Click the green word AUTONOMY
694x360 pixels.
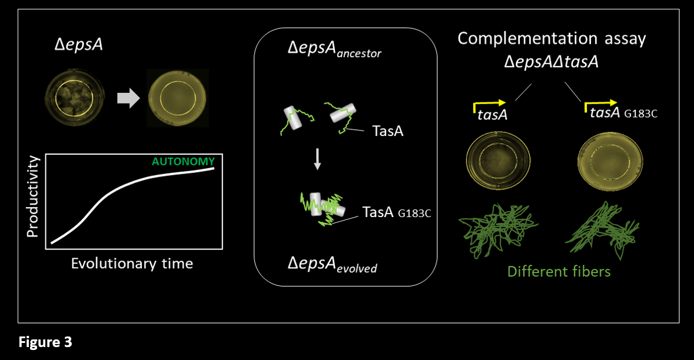point(184,161)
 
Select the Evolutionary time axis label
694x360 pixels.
point(132,263)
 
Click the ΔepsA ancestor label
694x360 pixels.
point(334,51)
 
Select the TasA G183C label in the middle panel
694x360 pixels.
point(397,212)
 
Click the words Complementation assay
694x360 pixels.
point(552,39)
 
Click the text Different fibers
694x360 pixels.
point(559,272)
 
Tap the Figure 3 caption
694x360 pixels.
point(45,342)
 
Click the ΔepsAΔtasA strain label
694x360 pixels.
point(551,61)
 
